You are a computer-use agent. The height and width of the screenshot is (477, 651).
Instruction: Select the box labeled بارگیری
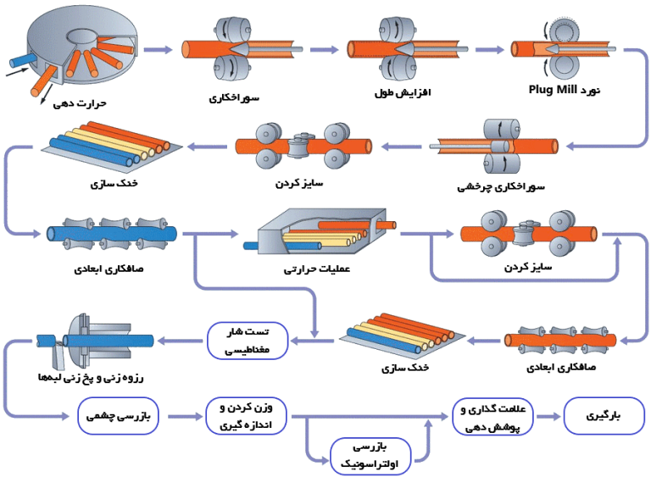tap(604, 417)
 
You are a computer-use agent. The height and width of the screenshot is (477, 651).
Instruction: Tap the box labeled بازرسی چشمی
tap(118, 417)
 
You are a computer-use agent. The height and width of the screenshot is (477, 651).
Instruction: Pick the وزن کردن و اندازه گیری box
tap(247, 417)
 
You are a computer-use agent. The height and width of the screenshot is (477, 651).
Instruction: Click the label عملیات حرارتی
tap(317, 270)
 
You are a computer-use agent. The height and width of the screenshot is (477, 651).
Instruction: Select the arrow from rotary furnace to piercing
tap(160, 49)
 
